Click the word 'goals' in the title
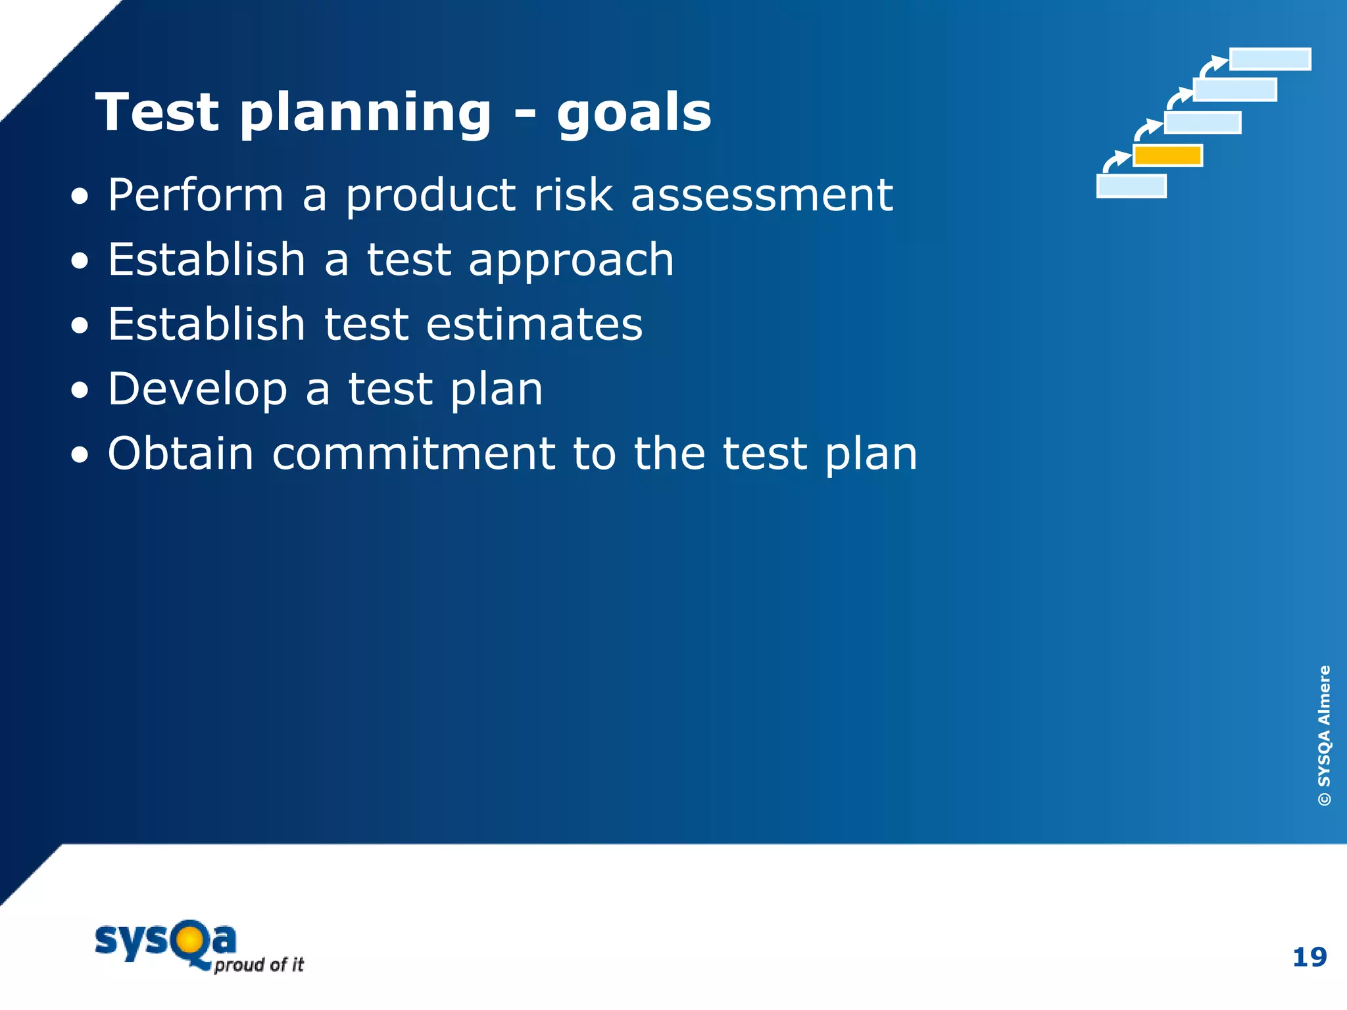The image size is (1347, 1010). click(634, 113)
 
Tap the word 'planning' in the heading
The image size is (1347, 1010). click(365, 113)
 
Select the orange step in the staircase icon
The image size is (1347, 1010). click(1167, 156)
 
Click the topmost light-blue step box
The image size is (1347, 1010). click(1270, 59)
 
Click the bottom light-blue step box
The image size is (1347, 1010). click(1131, 186)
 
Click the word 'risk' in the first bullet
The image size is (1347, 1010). click(573, 195)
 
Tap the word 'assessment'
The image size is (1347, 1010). click(762, 195)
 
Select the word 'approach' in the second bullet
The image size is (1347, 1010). click(571, 261)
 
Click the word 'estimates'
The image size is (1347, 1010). click(534, 324)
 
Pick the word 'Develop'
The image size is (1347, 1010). click(197, 389)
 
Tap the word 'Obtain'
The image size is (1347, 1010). click(180, 454)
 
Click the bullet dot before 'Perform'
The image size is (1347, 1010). click(80, 197)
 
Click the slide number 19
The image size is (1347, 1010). click(1309, 957)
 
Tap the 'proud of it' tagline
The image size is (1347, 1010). click(259, 965)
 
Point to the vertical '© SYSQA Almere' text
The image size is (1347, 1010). click(1324, 735)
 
